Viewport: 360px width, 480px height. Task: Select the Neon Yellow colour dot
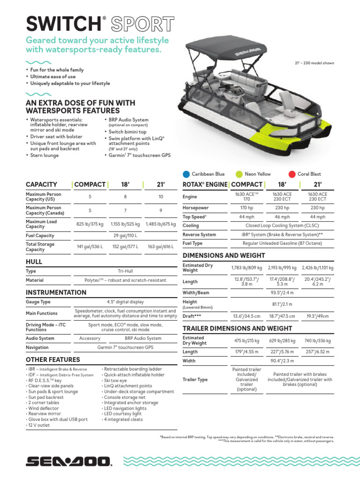pyautogui.click(x=240, y=174)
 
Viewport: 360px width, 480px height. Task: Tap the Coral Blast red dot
pyautogui.click(x=292, y=174)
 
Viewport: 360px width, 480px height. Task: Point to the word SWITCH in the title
pyautogui.click(x=63, y=23)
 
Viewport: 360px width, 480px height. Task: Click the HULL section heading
pyautogui.click(x=34, y=262)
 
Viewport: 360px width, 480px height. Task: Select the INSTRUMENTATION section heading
pyautogui.click(x=56, y=292)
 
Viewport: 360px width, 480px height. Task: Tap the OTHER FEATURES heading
pyautogui.click(x=52, y=360)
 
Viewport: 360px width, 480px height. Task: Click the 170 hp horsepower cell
pyautogui.click(x=247, y=208)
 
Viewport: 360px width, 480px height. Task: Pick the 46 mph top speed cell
pyautogui.click(x=282, y=217)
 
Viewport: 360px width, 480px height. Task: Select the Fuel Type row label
pyautogui.click(x=192, y=243)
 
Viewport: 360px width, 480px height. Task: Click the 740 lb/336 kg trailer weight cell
pyautogui.click(x=317, y=341)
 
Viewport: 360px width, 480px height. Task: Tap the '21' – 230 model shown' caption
pyautogui.click(x=314, y=63)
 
